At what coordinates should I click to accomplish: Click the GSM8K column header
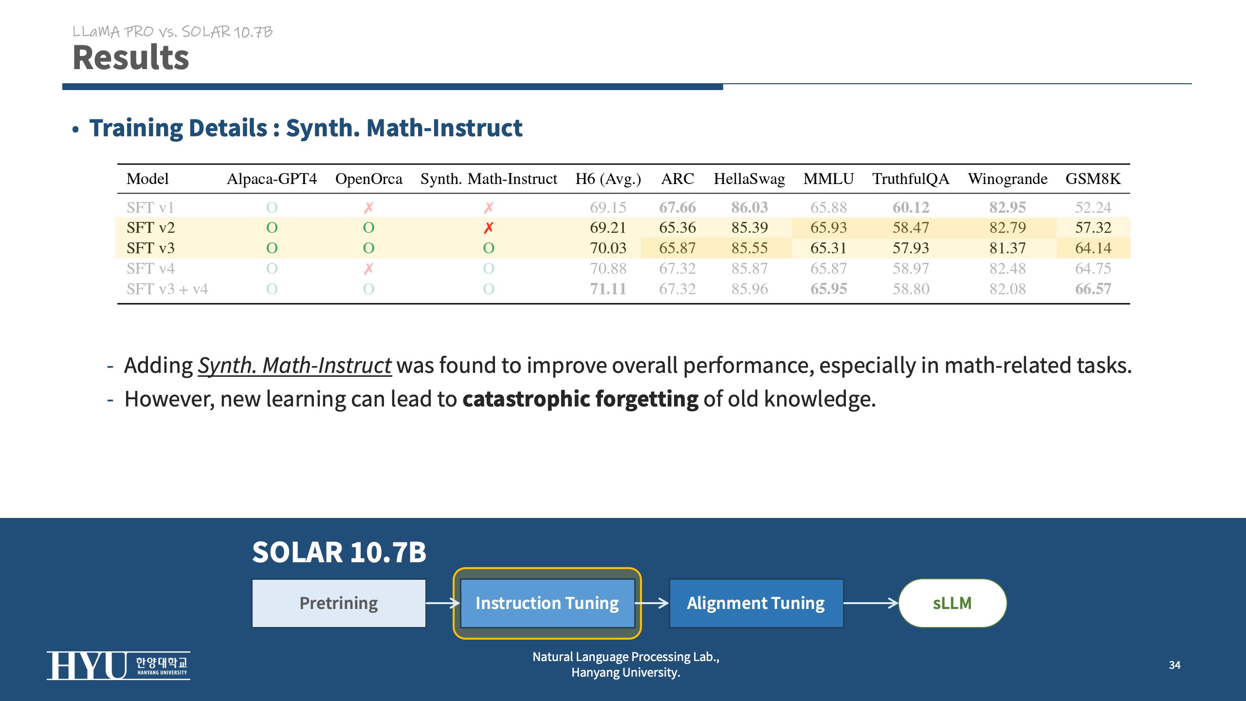(1093, 179)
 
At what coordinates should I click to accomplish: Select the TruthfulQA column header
(910, 179)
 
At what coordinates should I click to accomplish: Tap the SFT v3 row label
(150, 248)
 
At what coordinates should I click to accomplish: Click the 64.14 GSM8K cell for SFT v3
(1093, 248)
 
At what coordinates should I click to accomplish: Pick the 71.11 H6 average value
(608, 289)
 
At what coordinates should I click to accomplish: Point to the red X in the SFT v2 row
(489, 227)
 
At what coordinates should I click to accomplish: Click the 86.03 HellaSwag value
(750, 207)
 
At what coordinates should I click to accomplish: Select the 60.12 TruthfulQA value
(911, 207)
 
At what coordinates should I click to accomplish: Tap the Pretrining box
(339, 603)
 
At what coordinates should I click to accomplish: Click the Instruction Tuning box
(547, 603)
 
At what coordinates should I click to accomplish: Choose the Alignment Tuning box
(756, 603)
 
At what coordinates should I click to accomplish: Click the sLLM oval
(953, 603)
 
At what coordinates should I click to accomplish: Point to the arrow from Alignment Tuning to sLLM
(871, 603)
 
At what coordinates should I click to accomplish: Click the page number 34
(1174, 665)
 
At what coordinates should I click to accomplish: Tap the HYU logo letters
(87, 665)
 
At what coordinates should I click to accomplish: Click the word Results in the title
(130, 57)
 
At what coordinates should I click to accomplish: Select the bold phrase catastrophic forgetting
(580, 399)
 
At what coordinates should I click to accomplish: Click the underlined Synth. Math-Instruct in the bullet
(294, 365)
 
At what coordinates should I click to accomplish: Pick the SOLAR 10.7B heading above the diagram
(339, 553)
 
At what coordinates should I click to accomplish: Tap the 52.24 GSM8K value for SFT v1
(1093, 207)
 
